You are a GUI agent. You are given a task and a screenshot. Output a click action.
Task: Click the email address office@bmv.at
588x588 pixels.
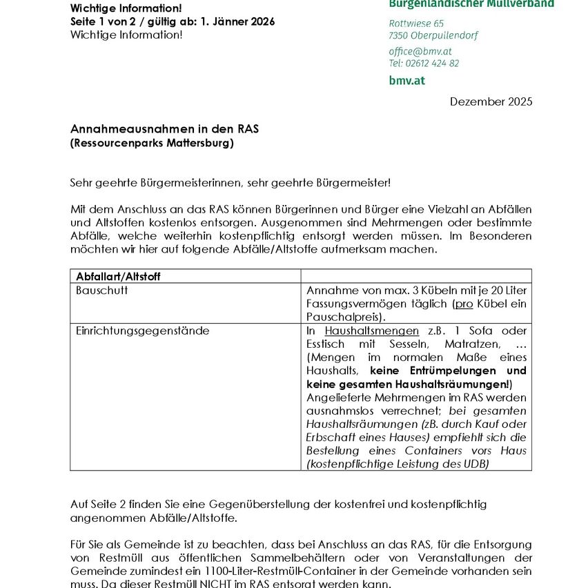(420, 51)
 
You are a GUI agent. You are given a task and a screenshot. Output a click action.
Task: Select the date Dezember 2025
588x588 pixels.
(491, 101)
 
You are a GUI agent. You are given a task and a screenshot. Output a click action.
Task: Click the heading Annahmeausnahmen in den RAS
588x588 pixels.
(164, 129)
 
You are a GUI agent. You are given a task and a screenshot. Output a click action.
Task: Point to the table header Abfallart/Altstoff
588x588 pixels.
(118, 276)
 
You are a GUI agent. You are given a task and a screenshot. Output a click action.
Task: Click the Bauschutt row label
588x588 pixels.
(101, 291)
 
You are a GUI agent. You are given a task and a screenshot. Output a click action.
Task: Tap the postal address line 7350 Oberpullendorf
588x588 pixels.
(433, 35)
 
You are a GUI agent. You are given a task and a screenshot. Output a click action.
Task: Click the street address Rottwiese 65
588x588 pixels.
(416, 23)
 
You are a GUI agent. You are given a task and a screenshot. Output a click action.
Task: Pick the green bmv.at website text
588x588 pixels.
(406, 80)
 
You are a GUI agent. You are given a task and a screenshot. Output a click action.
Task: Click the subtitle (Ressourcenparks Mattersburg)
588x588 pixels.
(152, 144)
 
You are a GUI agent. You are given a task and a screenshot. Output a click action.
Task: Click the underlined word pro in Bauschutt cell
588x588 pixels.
(463, 304)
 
